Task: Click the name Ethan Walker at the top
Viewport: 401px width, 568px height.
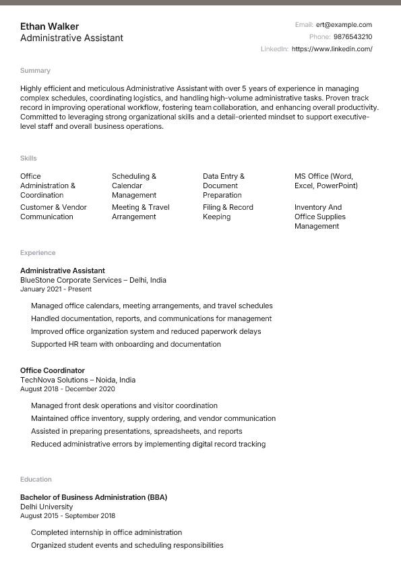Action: [x=49, y=26]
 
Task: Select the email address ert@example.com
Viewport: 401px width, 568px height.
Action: [x=344, y=24]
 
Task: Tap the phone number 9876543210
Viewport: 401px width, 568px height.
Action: [x=352, y=36]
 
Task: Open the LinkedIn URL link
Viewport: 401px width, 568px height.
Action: [x=332, y=49]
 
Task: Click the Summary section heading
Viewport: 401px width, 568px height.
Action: [x=35, y=70]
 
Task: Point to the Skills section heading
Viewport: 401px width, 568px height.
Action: [x=28, y=158]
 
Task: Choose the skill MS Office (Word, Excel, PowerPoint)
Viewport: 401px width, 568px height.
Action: [x=326, y=181]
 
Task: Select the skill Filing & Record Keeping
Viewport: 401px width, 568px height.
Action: [x=228, y=212]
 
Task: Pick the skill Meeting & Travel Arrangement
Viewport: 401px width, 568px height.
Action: [x=140, y=212]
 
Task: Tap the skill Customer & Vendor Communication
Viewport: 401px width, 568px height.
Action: [x=53, y=212]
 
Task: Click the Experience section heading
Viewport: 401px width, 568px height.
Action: [x=38, y=252]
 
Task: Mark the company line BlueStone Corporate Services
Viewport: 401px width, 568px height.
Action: [x=93, y=280]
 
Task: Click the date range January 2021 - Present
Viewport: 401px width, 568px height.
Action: [x=56, y=289]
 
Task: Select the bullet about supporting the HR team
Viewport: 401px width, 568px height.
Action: [x=126, y=344]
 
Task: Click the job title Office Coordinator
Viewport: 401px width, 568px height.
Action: [x=53, y=370]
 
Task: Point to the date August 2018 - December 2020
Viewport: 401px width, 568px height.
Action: [x=67, y=389]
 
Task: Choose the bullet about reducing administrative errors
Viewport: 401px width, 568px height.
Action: [x=148, y=444]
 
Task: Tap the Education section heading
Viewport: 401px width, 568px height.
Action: [x=36, y=479]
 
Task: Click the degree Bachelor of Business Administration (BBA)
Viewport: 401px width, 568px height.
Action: [x=94, y=497]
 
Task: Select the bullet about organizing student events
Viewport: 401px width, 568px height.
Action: [x=127, y=545]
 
